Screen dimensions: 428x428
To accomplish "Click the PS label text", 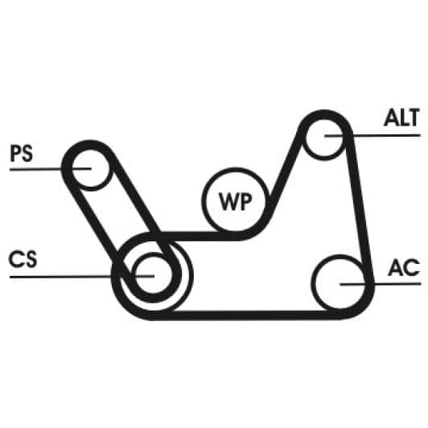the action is coord(21,154).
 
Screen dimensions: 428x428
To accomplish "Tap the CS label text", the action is coord(23,259).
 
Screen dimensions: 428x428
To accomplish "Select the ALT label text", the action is coord(401,117).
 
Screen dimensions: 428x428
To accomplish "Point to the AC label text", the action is coord(404,267).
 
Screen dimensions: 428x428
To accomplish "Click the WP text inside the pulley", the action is coord(236,201).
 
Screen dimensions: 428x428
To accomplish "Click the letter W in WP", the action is coord(227,201).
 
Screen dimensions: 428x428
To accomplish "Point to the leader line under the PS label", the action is coord(51,169).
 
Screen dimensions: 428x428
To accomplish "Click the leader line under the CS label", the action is coord(82,277).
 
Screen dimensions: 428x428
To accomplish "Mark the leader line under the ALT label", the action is coord(372,135).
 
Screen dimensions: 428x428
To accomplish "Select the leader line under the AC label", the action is coord(381,284).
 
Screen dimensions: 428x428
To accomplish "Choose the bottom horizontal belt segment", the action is coord(245,315).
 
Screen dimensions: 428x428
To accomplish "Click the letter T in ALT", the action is coord(413,117).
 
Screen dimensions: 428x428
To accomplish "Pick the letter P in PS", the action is coord(15,154).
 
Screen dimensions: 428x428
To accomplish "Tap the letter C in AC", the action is coord(412,267).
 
